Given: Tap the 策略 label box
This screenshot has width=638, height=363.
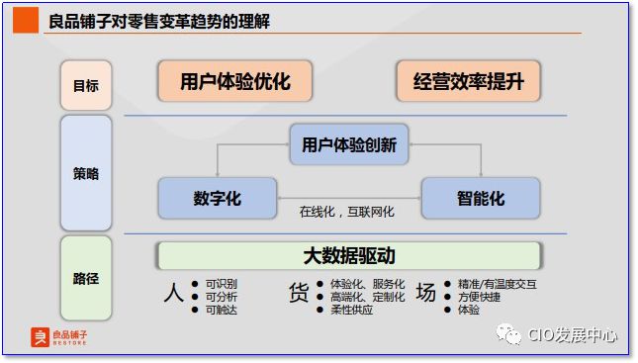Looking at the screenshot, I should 86,173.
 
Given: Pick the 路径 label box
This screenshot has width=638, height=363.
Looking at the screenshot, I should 86,278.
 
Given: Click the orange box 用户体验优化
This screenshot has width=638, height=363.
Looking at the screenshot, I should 235,82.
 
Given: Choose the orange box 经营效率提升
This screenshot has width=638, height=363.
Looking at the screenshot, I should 469,82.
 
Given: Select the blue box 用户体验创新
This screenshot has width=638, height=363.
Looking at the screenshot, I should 349,144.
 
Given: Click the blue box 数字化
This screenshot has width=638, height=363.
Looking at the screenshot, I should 218,198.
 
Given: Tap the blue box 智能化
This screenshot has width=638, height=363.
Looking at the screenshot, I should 481,198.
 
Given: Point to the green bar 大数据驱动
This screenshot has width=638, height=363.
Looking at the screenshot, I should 349,256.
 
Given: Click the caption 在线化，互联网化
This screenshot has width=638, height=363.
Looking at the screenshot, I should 347,212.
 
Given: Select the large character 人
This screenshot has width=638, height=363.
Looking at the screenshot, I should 173,294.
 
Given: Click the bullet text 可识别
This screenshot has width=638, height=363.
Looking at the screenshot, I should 221,284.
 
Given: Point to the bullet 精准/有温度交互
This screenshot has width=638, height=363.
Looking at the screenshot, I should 497,284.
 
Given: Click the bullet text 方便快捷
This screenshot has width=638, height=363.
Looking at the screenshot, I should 479,297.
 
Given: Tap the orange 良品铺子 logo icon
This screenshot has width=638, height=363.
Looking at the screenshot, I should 40,338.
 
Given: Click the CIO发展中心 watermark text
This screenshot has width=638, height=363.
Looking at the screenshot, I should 573,336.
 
